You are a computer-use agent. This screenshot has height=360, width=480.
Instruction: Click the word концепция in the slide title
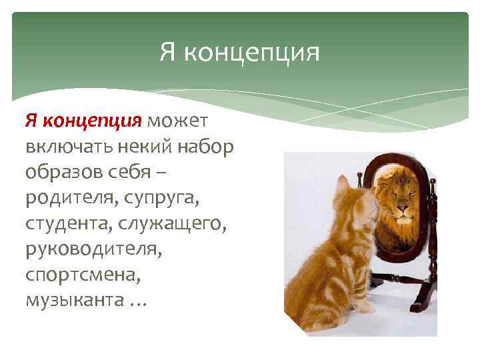(x=251, y=52)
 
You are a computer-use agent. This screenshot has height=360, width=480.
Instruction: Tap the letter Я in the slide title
(x=167, y=51)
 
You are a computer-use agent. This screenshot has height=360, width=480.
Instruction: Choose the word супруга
(x=164, y=197)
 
